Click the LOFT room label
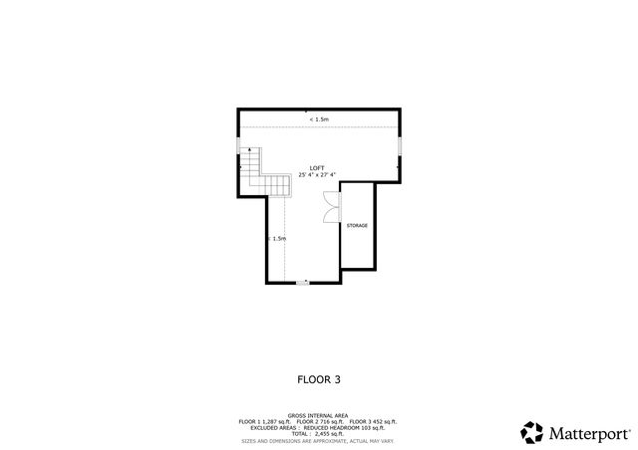coord(317,167)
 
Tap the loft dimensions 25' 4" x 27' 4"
coord(317,175)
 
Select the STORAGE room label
coord(357,226)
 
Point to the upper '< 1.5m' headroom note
coord(319,119)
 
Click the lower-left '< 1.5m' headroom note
coord(276,239)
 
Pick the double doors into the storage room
coord(331,206)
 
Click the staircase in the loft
coord(257,171)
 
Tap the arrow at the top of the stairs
coord(242,166)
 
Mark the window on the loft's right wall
coord(400,146)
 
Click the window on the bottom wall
coord(303,284)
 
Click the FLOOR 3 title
coord(318,378)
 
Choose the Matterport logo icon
coord(533,433)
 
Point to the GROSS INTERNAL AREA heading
coord(318,415)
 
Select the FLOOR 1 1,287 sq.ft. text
coord(265,422)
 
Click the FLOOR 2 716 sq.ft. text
coord(319,422)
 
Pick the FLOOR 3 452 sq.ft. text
coord(373,422)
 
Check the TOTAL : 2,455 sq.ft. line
coord(318,434)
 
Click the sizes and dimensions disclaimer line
coord(318,440)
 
